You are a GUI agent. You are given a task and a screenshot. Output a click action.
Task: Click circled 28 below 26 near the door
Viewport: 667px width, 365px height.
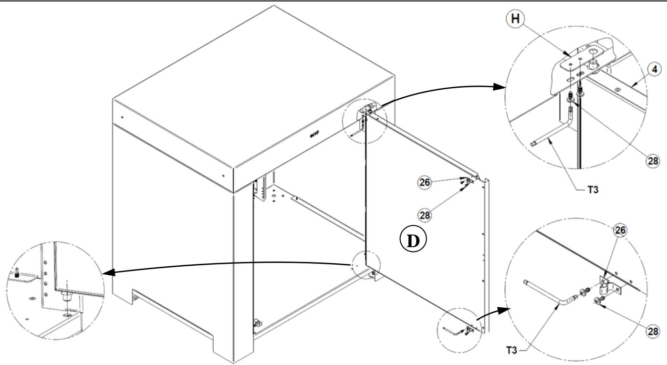click(425, 215)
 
